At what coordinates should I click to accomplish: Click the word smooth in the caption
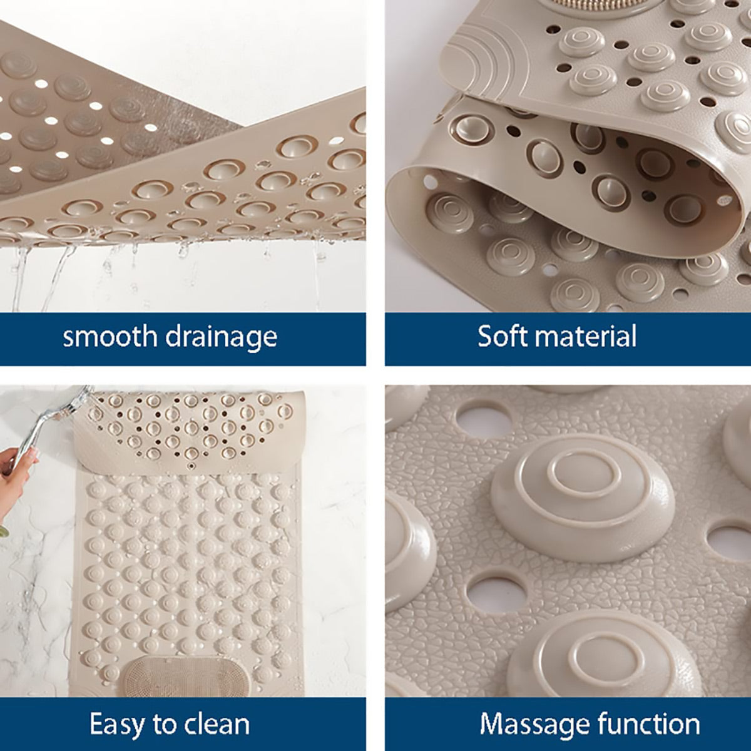pyautogui.click(x=110, y=336)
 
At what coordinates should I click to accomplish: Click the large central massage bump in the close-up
pyautogui.click(x=583, y=497)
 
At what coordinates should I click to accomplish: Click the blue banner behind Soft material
pyautogui.click(x=568, y=339)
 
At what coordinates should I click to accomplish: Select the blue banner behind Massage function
pyautogui.click(x=568, y=724)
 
